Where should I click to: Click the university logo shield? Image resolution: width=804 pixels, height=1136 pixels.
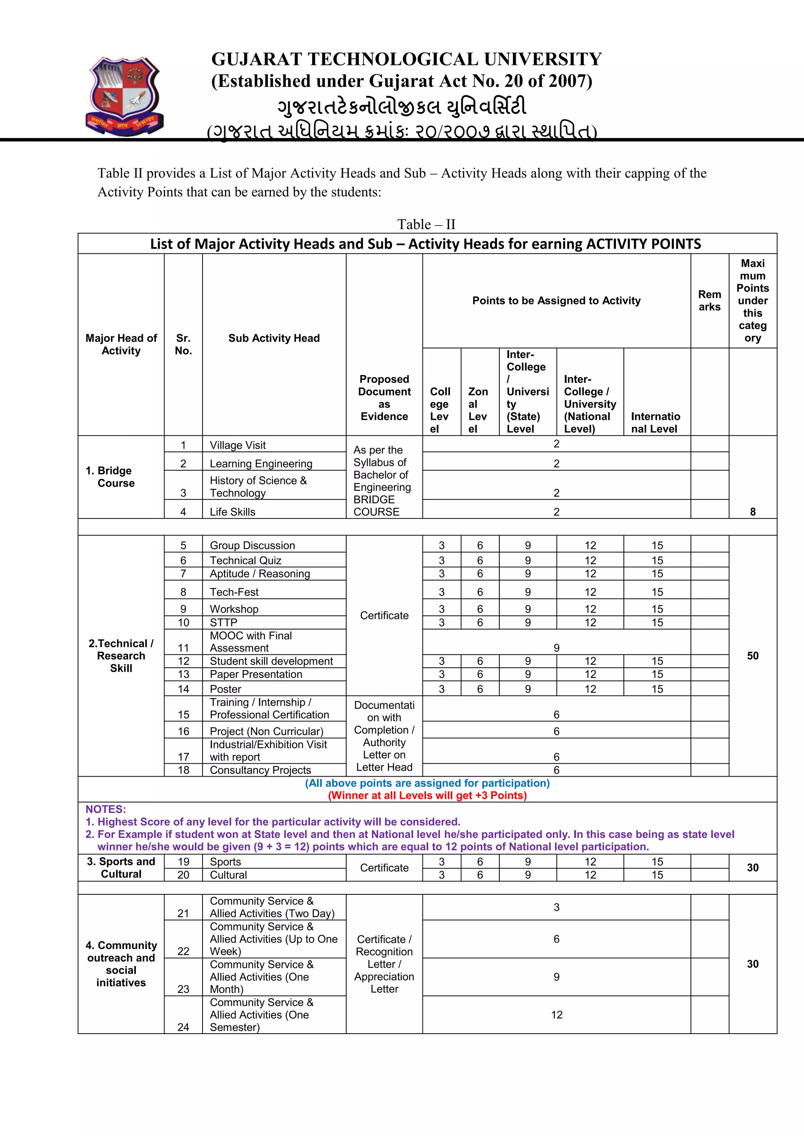coord(124,95)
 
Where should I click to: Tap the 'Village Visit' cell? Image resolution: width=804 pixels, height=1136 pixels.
coord(238,445)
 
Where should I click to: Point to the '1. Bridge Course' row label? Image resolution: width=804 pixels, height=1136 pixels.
coord(115,477)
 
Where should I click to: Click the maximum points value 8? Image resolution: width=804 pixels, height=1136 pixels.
coord(752,512)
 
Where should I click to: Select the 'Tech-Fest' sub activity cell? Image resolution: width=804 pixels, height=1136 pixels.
coord(234,592)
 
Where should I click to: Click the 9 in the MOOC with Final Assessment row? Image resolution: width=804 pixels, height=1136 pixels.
coord(556,648)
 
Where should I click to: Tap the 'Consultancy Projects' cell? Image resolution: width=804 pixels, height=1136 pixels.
coord(260,770)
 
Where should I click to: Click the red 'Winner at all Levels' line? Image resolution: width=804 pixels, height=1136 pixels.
coord(427,795)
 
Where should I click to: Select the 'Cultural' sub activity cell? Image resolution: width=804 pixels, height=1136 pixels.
coord(228,875)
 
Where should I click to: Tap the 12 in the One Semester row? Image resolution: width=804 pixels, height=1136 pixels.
coord(556,1015)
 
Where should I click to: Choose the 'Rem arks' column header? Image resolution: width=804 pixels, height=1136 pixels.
coord(709,300)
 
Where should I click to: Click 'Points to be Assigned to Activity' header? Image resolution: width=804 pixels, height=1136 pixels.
coord(556,300)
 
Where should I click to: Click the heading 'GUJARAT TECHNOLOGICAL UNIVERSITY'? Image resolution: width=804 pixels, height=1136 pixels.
coord(406,59)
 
